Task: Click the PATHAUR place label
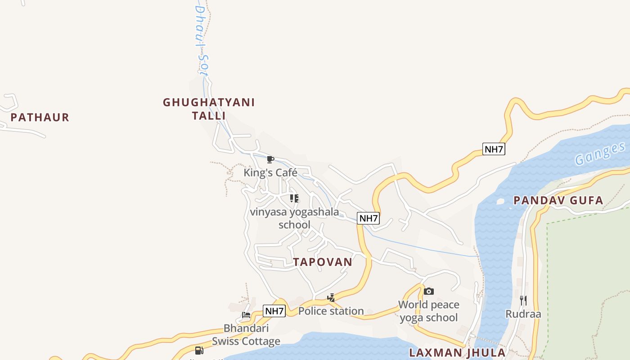point(40,117)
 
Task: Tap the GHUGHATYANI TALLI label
point(209,109)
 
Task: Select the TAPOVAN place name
point(323,262)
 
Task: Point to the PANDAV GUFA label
point(558,201)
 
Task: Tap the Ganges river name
point(600,153)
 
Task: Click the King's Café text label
point(270,172)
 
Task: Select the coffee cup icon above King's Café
point(270,159)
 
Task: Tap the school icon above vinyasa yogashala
point(294,198)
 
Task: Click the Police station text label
point(331,311)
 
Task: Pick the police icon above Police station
point(331,297)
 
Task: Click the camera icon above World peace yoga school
point(429,291)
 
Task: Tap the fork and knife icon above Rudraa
point(523,300)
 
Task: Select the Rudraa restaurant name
point(523,314)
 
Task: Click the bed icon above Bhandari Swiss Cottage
point(246,315)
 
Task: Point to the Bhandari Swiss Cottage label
point(246,335)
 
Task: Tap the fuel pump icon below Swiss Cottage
point(199,350)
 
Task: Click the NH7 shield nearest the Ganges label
point(494,149)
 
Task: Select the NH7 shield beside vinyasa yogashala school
point(369,218)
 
